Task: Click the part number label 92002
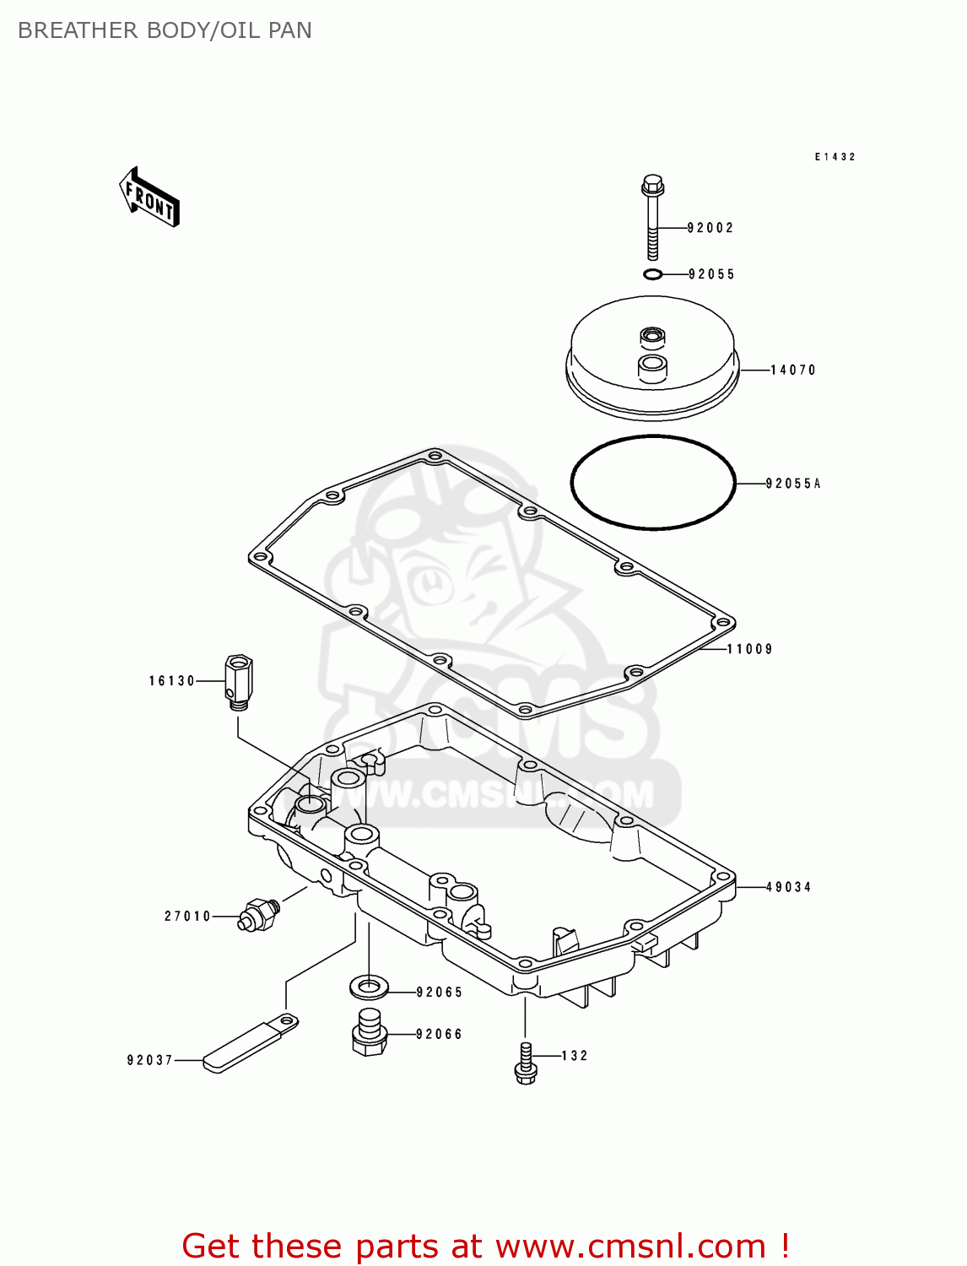point(710,228)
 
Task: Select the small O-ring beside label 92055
point(652,274)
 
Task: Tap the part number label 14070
point(793,370)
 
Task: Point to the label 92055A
point(793,484)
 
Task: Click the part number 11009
point(750,649)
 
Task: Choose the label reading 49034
point(789,887)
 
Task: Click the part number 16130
point(172,681)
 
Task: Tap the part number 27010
point(187,917)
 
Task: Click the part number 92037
point(150,1060)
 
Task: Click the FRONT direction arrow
point(149,197)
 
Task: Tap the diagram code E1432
point(835,157)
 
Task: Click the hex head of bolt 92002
point(652,184)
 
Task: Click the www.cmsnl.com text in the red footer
point(630,1246)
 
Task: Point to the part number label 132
point(575,1056)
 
